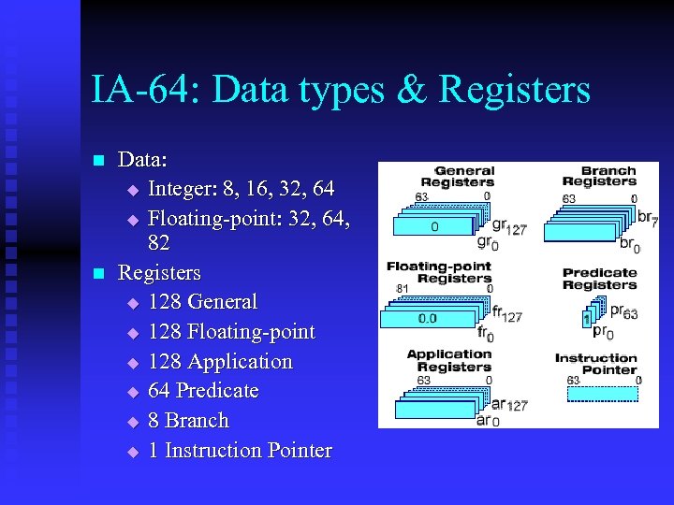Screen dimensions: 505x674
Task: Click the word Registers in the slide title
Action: [515, 91]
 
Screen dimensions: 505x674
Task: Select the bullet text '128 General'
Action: [202, 302]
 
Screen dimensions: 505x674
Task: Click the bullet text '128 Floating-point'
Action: [231, 332]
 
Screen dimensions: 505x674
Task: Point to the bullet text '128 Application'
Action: [220, 362]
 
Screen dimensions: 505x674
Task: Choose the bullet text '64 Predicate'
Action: [203, 391]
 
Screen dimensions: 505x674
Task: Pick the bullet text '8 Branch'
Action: [188, 421]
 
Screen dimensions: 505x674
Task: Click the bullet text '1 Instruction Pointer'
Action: [240, 451]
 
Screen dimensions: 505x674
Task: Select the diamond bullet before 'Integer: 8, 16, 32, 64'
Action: [132, 191]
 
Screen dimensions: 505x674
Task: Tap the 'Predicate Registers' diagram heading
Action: [600, 279]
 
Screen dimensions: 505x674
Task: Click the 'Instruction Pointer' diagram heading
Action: [596, 364]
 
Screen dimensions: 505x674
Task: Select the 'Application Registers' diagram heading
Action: [448, 360]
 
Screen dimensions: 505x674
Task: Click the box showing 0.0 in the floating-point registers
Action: [427, 318]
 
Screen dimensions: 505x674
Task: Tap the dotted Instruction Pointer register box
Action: [603, 394]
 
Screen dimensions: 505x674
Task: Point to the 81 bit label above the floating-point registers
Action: [403, 288]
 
